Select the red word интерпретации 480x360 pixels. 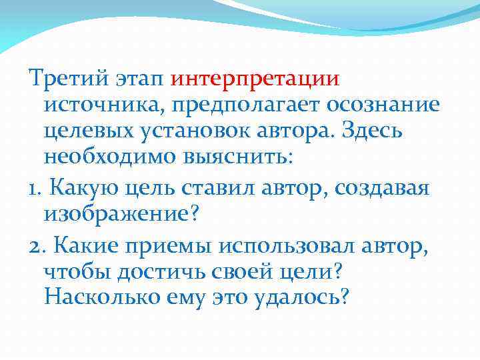pyautogui.click(x=255, y=79)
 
